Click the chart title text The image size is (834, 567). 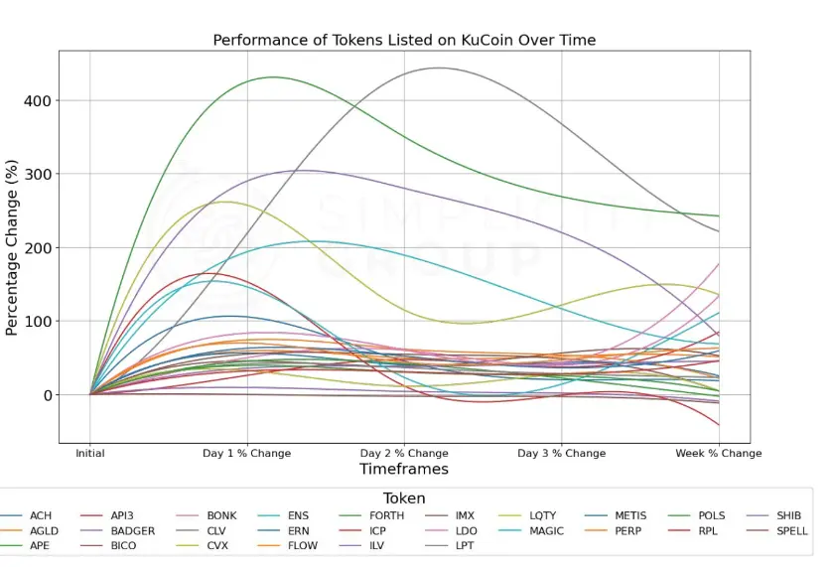[404, 40]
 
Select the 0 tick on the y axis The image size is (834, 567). [46, 395]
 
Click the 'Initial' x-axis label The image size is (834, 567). [90, 454]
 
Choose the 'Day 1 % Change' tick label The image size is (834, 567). [247, 454]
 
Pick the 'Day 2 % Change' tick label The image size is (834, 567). [404, 454]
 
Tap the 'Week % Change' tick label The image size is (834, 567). [719, 454]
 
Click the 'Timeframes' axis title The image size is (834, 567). [404, 470]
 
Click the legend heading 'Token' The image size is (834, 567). [404, 498]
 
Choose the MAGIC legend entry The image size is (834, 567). [546, 531]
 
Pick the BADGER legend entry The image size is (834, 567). [132, 531]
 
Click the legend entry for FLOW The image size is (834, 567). [302, 546]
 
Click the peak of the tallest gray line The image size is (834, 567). [438, 68]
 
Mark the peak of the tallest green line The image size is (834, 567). [272, 76]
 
